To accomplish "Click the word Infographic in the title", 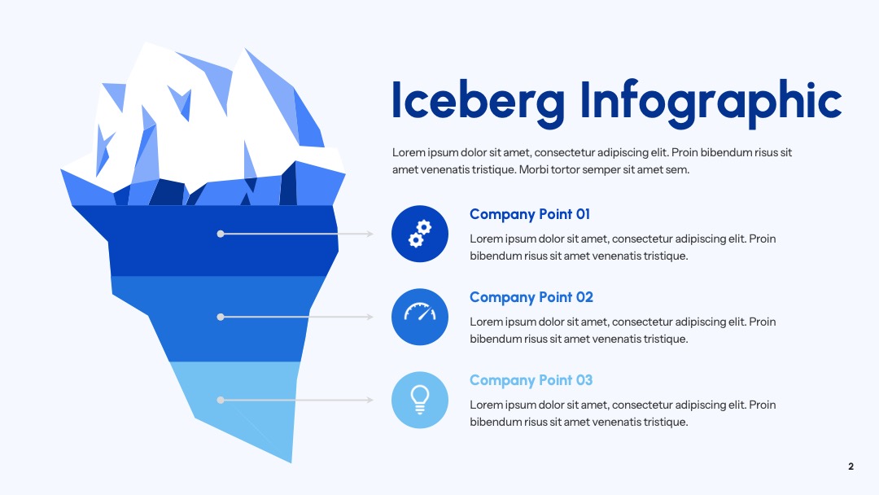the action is pos(711,103).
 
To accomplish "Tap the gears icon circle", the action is pos(420,234).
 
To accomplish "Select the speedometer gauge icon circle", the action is pos(420,317).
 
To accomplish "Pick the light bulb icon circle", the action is pos(420,400).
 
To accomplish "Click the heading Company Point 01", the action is pos(530,215).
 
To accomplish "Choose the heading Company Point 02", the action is pos(531,298).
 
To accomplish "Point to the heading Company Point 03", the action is pos(531,381).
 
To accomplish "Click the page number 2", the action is pos(851,467).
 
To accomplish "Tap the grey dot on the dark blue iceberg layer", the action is pos(221,234).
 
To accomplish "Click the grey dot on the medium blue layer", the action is pos(221,317).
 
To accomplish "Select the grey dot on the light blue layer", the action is pos(221,400).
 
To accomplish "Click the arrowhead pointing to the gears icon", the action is pos(370,234).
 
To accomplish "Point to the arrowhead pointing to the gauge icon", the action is pos(370,317).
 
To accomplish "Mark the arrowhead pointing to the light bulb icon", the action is pos(370,400).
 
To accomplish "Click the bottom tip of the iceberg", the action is pos(291,462).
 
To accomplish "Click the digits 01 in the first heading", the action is pos(583,214).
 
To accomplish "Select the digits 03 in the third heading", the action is pos(584,380).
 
